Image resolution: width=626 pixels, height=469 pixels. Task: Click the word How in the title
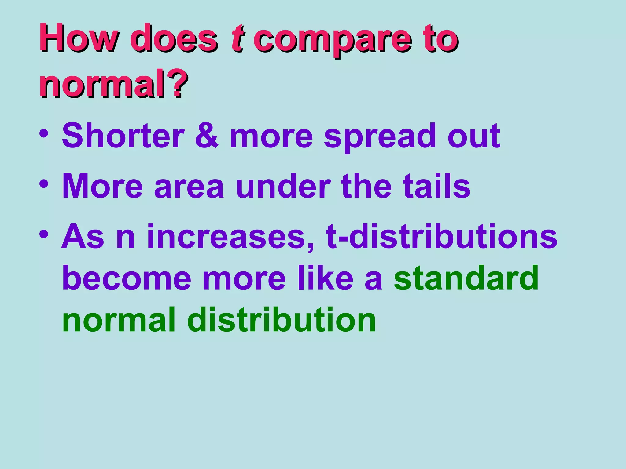click(x=78, y=39)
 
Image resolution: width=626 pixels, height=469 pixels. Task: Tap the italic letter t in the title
click(x=237, y=39)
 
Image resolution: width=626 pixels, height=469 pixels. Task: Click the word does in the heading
click(x=174, y=39)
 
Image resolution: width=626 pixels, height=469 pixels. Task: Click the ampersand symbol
click(x=207, y=136)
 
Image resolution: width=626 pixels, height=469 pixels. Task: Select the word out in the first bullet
click(x=473, y=136)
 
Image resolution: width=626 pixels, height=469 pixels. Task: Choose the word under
click(x=283, y=186)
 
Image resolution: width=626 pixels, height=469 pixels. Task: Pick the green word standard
click(x=466, y=278)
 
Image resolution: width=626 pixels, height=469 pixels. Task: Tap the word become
click(x=127, y=278)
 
